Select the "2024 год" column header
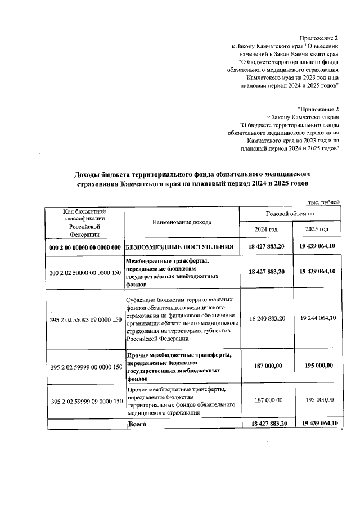pos(266,229)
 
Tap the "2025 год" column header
pos(317,229)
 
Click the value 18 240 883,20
pos(266,318)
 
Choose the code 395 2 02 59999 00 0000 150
pos(85,367)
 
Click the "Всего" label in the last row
pos(138,424)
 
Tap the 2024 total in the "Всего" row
pos(266,424)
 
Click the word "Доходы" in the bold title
pos(89,174)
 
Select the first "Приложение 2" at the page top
pos(320,37)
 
